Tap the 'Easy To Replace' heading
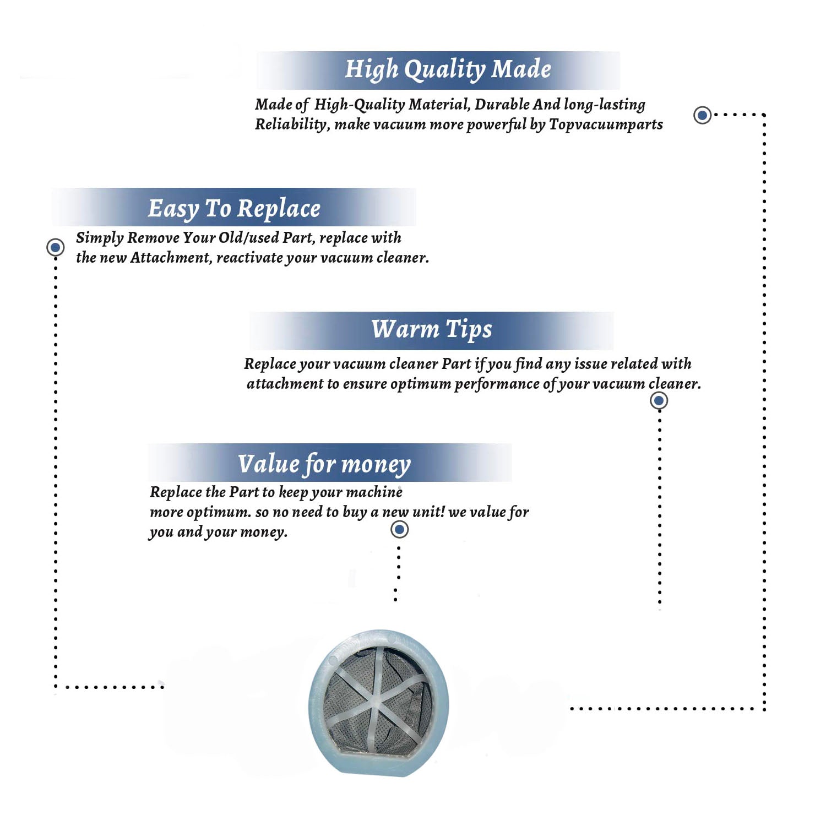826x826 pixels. (234, 209)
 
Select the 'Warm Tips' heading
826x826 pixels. (432, 329)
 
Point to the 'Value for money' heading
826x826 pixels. (324, 464)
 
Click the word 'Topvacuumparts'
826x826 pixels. (606, 125)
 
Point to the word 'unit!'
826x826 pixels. (428, 512)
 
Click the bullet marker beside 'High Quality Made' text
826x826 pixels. (702, 115)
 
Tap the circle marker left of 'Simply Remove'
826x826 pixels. (55, 247)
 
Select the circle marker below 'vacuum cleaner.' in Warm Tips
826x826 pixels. (659, 400)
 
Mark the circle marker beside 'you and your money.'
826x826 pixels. (399, 530)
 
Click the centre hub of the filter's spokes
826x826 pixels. (376, 702)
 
